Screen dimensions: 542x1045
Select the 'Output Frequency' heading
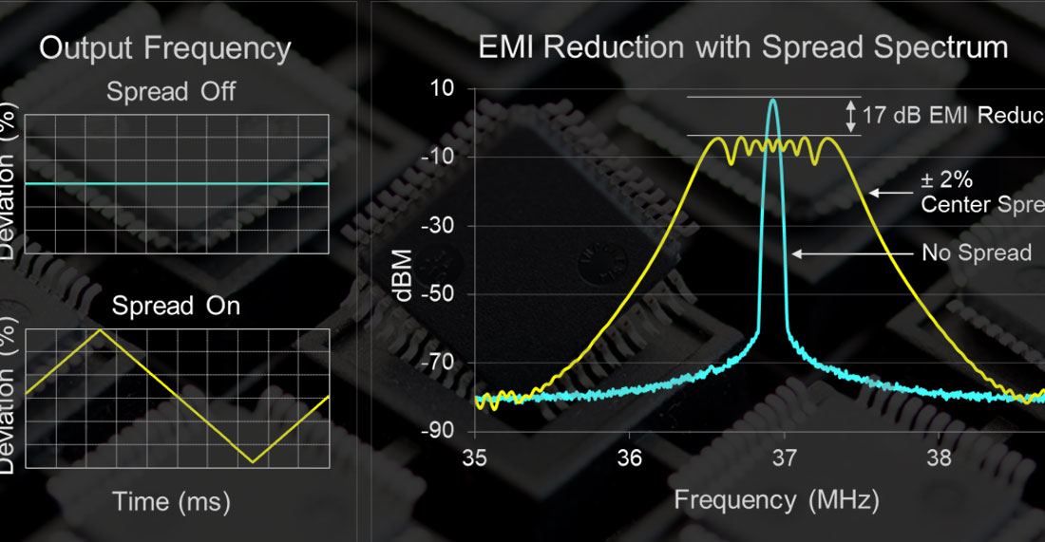click(x=164, y=49)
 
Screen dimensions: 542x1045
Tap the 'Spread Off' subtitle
click(x=171, y=93)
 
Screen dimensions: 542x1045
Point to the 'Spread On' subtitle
click(x=176, y=306)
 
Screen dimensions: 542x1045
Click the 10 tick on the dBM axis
click(x=444, y=88)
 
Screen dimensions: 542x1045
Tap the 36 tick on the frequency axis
click(x=629, y=458)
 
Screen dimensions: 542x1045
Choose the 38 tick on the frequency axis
click(x=939, y=458)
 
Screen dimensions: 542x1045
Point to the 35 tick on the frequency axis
click(x=474, y=458)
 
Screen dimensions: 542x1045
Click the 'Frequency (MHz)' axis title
click(x=776, y=498)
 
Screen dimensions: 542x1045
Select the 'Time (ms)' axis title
click(x=172, y=501)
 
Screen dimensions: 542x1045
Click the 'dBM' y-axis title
click(x=405, y=274)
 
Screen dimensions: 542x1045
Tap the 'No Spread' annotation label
click(x=976, y=253)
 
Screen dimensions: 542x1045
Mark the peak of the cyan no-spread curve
click(x=772, y=100)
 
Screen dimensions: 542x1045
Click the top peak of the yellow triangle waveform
click(x=101, y=329)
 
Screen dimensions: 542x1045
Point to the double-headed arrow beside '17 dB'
click(x=850, y=117)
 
